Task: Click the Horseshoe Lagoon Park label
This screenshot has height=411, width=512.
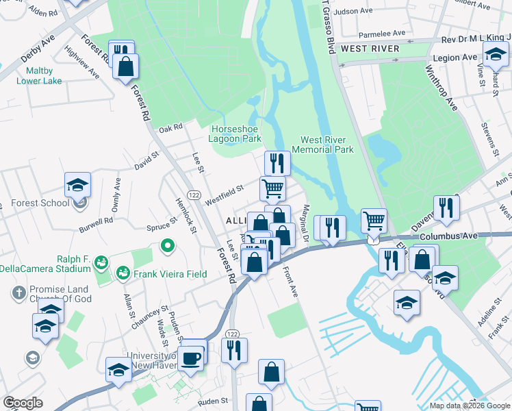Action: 236,134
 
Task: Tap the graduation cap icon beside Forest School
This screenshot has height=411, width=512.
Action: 78,185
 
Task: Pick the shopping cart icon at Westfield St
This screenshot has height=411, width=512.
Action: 272,188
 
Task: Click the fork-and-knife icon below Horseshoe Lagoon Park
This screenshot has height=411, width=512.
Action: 277,163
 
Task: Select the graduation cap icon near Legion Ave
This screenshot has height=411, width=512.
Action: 496,54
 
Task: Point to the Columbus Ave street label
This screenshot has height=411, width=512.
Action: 448,236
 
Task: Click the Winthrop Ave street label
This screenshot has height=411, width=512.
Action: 441,88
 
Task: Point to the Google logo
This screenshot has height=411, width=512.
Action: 23,403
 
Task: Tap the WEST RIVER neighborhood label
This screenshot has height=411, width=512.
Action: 370,49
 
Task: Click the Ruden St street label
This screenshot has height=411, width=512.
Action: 214,401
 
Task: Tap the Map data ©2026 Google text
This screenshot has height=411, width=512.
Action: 470,406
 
